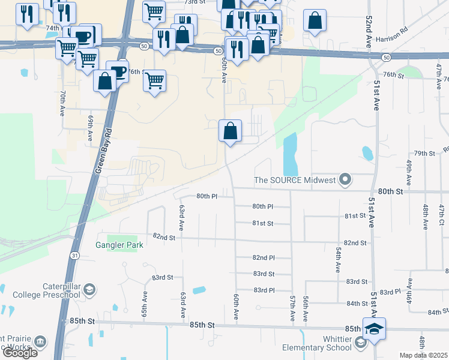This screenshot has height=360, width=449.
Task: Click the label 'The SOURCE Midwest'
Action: point(294,180)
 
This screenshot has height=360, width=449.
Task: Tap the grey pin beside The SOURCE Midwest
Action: point(345,179)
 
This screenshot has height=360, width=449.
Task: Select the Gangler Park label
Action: point(119,245)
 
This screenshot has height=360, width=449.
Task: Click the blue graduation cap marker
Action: point(374,329)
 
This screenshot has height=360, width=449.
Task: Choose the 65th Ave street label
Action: point(145,305)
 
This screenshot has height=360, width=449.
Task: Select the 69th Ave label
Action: point(90,129)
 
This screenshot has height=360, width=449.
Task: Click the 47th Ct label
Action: point(441,214)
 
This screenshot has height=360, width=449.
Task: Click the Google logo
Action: point(20,353)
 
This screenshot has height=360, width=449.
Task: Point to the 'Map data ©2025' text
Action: point(423,355)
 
